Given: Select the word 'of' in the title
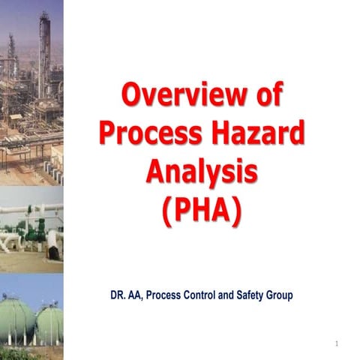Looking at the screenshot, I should (264, 97).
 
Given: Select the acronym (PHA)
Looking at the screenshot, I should (202, 209).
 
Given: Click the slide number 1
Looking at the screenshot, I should (338, 343).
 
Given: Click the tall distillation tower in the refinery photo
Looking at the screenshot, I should (44, 45).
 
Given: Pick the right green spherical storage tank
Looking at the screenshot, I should (49, 322).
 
